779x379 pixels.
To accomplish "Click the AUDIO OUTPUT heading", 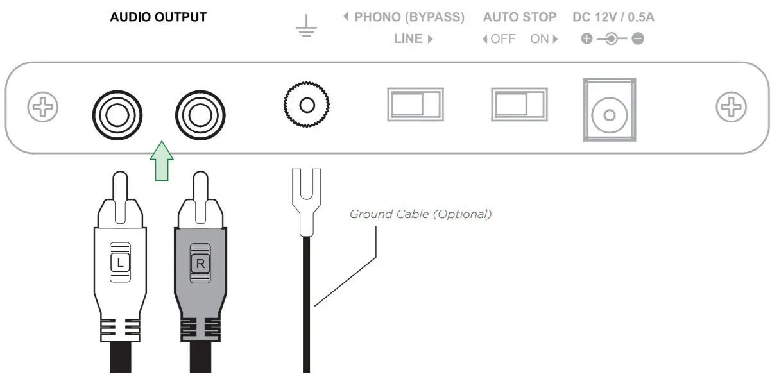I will click(x=158, y=17).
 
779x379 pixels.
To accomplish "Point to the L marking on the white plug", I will click(x=120, y=262).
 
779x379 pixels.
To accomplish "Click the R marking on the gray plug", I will click(x=199, y=262).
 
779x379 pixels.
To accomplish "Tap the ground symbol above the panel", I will click(x=305, y=26).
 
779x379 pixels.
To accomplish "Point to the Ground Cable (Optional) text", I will click(x=420, y=214).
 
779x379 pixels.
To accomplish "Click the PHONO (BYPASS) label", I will click(x=409, y=17).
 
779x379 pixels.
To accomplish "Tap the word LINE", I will click(x=409, y=39).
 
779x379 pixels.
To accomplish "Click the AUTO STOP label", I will click(x=519, y=17).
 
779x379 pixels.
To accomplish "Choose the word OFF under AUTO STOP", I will click(x=502, y=39).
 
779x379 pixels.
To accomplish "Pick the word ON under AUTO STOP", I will click(x=540, y=39).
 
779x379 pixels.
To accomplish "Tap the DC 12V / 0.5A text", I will click(x=613, y=17).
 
